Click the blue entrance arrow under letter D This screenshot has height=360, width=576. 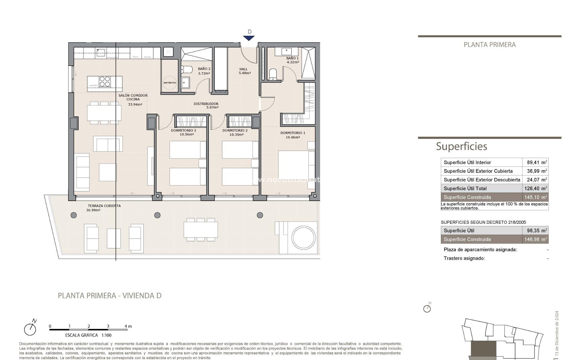tap(249, 38)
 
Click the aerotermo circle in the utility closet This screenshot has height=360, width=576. tap(170, 82)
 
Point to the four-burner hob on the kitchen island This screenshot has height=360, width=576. tap(105, 82)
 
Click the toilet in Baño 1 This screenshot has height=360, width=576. tap(273, 74)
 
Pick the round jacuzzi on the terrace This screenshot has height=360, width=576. tap(303, 238)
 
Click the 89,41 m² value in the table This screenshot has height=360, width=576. tap(537, 162)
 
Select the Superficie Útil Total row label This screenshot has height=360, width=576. tap(465, 188)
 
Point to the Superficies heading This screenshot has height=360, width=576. tap(461, 146)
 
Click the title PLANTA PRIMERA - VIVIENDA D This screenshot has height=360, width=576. tap(109, 295)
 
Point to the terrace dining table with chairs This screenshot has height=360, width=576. tap(201, 230)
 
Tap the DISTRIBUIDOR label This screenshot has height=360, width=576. tap(206, 105)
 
